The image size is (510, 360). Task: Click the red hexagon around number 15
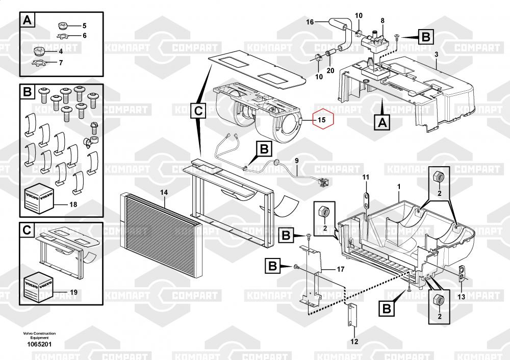point(321,120)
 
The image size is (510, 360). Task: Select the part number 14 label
point(164,192)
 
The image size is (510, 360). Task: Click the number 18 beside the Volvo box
point(73,204)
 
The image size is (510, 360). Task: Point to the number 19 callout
point(73,293)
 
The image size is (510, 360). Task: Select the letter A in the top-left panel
point(28,21)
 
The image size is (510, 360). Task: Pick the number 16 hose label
point(309,22)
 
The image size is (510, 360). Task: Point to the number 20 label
point(330,70)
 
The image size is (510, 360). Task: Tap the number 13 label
point(461,296)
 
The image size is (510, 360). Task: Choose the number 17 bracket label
point(340,268)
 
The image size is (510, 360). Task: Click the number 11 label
point(365,176)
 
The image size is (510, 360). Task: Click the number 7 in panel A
point(61,63)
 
